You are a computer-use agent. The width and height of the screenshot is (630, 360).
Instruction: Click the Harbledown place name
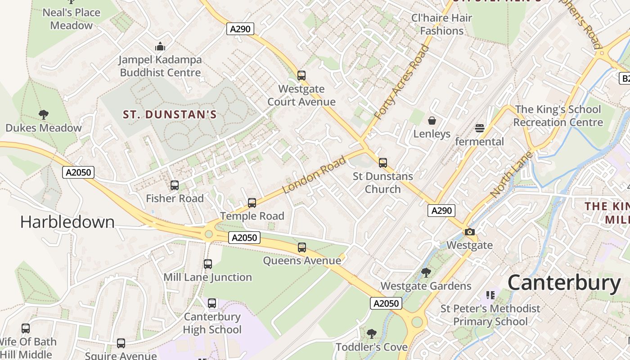pos(67,222)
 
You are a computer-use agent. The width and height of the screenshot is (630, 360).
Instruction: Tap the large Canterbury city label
pos(564,283)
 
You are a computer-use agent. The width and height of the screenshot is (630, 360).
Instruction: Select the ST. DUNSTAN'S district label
pos(170,115)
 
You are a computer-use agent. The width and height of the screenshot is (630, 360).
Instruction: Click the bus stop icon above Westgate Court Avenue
pos(301,75)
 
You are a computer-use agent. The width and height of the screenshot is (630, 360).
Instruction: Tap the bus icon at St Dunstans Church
pos(383,162)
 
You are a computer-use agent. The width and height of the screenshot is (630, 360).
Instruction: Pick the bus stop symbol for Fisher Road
pos(175,185)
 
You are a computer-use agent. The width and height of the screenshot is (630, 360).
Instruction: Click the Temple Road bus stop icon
pos(252,202)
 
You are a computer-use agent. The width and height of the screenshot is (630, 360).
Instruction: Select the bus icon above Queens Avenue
pos(302,247)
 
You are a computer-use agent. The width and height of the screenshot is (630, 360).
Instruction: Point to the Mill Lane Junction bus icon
pos(208,264)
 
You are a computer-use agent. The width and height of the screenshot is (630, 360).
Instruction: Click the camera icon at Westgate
pos(470,232)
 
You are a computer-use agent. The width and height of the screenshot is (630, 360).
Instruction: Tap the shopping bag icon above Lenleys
pos(432,120)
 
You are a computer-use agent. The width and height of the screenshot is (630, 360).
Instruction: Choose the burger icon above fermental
pos(480,128)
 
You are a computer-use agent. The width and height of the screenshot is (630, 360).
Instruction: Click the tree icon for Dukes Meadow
pos(44,114)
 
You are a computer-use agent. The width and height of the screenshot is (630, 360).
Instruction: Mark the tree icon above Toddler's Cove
pos(372,333)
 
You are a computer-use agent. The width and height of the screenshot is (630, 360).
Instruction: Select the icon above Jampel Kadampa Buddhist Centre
pos(160,46)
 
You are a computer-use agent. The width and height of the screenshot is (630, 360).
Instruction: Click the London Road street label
pos(315,175)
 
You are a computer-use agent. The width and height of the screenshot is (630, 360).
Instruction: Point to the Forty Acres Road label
pos(402,82)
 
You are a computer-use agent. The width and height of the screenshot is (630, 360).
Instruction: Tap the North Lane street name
pos(511,175)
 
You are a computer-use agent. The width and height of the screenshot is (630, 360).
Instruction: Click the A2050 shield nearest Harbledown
pos(78,172)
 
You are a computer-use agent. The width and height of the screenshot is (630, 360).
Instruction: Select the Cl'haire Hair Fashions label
pos(441,24)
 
